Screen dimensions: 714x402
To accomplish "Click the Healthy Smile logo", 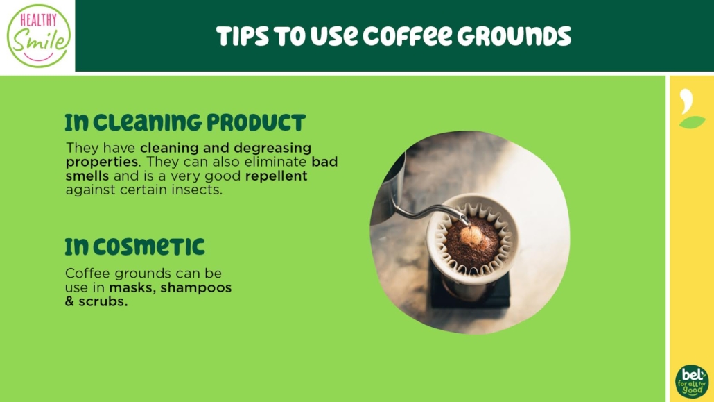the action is pos(39,35).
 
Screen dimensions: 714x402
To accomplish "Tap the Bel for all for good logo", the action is pos(692,381).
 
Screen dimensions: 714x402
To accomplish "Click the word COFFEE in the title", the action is pos(408,37).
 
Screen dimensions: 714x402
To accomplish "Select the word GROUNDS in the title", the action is pos(514,37).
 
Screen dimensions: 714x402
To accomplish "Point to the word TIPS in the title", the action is pos(242,37).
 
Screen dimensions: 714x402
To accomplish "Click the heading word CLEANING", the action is pos(148,123).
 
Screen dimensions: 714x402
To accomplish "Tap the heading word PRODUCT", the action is pos(256,123).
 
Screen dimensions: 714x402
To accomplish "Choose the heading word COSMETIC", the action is pos(149,247).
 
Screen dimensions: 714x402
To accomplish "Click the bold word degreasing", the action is pos(272,149).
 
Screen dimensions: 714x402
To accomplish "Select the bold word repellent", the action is pos(277,176).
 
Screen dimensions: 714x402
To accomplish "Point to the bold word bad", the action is pos(324,162).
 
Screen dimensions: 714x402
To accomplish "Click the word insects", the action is pos(197,190).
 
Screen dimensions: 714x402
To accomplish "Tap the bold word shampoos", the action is pos(195,288).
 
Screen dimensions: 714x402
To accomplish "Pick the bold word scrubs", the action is pos(103,301).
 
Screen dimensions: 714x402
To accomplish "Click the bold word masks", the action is pos(133,288).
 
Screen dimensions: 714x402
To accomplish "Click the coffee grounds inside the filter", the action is pos(472,243).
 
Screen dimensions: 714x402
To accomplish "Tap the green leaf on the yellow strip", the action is pos(692,122).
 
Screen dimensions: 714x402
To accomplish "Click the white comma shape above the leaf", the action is pos(686,101).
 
